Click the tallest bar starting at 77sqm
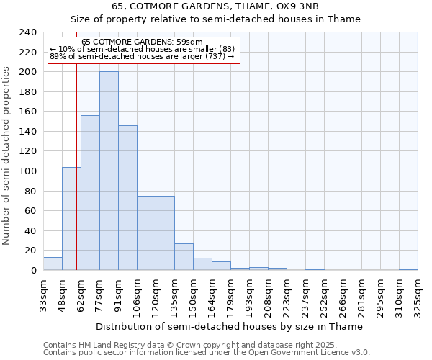click(x=109, y=171)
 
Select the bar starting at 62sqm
click(x=90, y=192)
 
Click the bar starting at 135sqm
click(x=184, y=256)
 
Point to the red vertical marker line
click(x=76, y=180)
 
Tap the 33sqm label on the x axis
click(x=43, y=295)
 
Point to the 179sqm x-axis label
click(x=230, y=295)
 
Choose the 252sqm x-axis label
click(x=324, y=295)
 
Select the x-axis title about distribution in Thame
click(x=229, y=326)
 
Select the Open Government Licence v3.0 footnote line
click(x=206, y=353)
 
